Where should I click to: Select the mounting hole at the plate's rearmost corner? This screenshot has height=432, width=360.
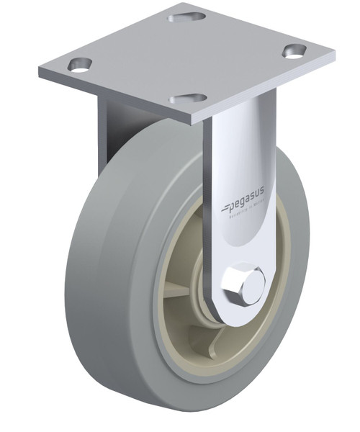click(x=184, y=14)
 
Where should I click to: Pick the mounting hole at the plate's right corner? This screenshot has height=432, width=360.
click(x=294, y=50)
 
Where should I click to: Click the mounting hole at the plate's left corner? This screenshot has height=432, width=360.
click(x=80, y=64)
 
